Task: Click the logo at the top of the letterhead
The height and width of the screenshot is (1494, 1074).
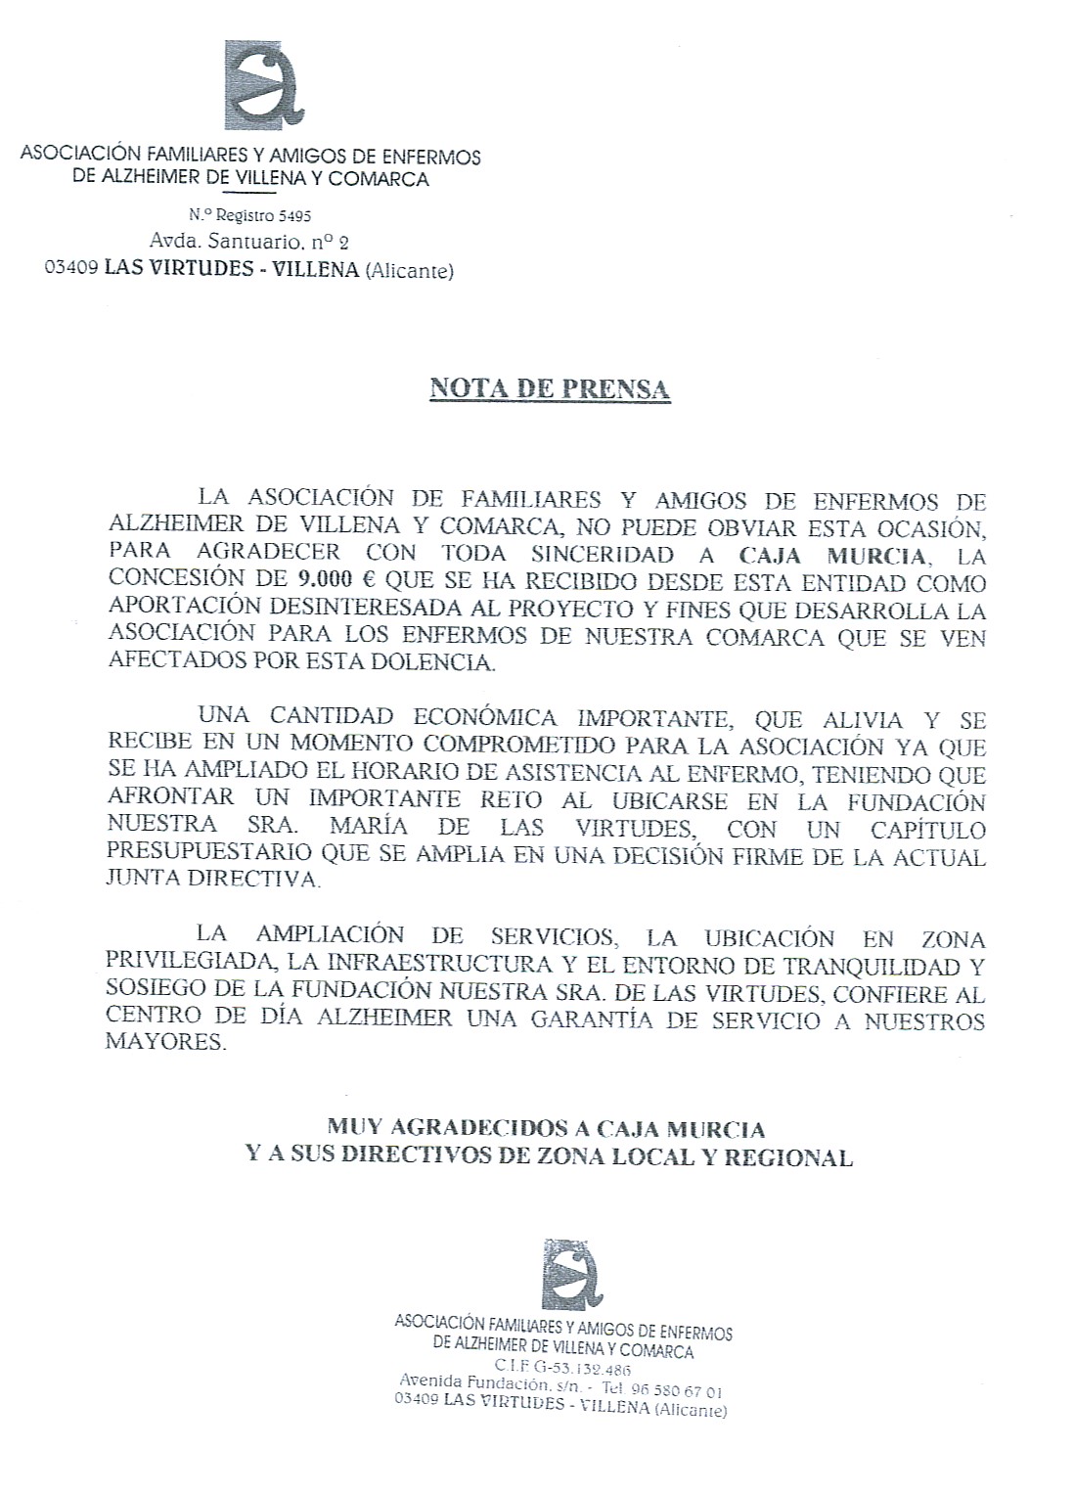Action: click(x=264, y=91)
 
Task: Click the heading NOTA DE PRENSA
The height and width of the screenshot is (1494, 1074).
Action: click(x=550, y=388)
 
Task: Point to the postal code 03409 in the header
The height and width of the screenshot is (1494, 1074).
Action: click(x=70, y=270)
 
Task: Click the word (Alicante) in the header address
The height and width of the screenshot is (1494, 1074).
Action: click(x=409, y=271)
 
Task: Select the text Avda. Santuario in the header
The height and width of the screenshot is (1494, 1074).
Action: click(x=202, y=242)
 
